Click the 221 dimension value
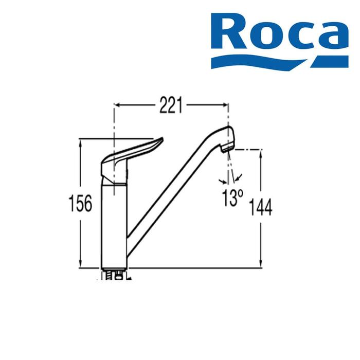pos(171,105)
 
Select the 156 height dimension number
pos(80,203)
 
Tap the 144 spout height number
pos(261,207)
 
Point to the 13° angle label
pos(232,198)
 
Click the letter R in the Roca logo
pos(230,31)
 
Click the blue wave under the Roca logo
pos(280,62)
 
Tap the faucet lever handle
pos(132,158)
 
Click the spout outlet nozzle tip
pos(228,149)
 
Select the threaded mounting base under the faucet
pos(114,274)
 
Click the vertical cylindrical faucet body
pos(114,226)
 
